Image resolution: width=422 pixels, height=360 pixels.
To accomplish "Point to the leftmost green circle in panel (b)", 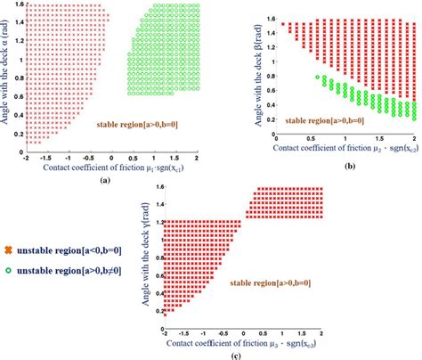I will coord(320,78).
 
